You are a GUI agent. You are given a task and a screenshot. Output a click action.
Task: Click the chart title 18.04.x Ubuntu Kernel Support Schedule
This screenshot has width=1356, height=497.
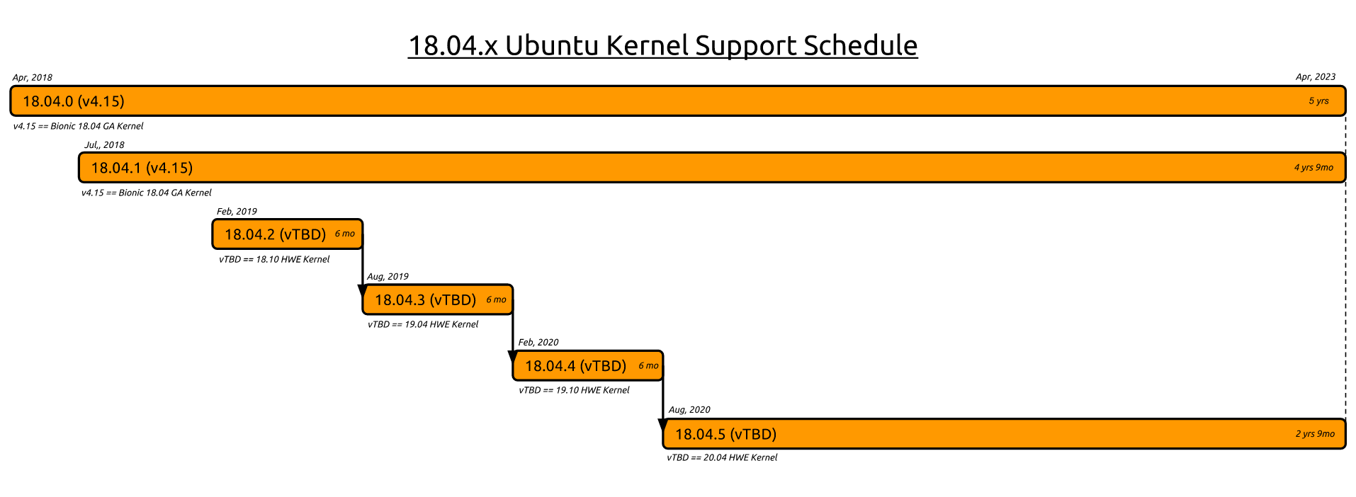(662, 45)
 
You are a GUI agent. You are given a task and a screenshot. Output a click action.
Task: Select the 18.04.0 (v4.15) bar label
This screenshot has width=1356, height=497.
(74, 101)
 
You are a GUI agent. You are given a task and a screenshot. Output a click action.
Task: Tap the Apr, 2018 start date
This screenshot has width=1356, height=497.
(32, 77)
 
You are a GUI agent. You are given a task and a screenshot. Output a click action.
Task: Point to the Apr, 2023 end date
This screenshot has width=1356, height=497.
(1316, 77)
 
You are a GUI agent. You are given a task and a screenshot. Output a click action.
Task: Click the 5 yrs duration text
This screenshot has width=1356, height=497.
(1318, 101)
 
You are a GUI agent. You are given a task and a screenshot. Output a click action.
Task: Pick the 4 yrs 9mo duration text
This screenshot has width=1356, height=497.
(1313, 168)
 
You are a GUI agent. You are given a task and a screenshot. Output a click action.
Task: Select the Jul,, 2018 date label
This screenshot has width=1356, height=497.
(104, 145)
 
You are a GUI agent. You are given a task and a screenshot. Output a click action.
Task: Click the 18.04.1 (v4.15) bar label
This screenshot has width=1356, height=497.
(142, 168)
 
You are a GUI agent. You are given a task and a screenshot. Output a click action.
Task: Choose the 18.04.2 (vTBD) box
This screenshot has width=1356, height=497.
(288, 234)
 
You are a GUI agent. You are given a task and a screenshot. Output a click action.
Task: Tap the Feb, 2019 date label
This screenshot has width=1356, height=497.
(237, 212)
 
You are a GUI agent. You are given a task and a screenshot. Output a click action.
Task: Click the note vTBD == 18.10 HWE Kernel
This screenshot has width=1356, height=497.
(274, 259)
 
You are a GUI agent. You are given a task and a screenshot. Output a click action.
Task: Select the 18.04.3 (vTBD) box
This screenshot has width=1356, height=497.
(438, 300)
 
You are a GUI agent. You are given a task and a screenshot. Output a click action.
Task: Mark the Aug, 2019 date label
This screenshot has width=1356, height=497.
(388, 277)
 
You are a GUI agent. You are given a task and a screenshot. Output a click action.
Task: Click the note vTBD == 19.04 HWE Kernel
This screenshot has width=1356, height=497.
(423, 324)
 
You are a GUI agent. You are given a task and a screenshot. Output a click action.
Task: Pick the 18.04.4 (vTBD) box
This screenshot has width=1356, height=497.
(588, 366)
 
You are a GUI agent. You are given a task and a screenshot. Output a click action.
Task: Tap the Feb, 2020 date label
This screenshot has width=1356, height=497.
(538, 343)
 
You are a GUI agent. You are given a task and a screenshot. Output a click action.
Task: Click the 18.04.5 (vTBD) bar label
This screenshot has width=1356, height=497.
(725, 434)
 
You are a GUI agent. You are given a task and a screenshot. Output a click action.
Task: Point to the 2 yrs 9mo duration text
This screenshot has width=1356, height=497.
(1315, 434)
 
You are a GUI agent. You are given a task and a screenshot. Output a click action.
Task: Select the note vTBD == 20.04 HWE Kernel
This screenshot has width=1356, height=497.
(722, 457)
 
